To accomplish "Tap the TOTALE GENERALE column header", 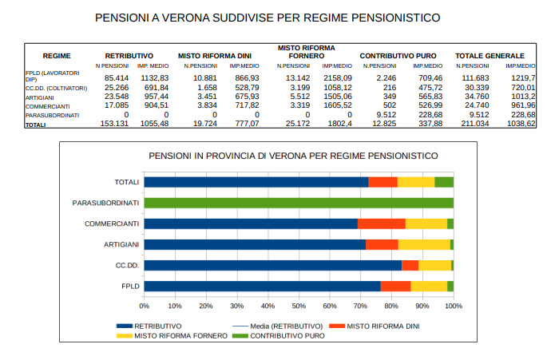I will pyautogui.click(x=490, y=55).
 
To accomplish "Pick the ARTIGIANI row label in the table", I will pyautogui.click(x=41, y=97).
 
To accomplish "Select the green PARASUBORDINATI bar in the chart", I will pyautogui.click(x=299, y=203).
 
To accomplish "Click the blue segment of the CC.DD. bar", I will pyautogui.click(x=272, y=265).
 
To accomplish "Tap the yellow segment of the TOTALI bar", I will pyautogui.click(x=415, y=182).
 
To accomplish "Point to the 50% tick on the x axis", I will pyautogui.click(x=299, y=305).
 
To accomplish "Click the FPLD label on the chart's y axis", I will pyautogui.click(x=130, y=286).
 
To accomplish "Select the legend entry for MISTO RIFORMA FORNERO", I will pyautogui.click(x=174, y=336).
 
